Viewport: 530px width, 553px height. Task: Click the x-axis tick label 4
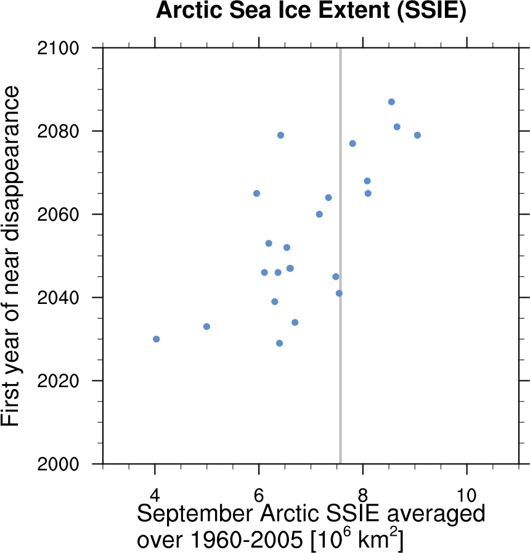point(155,494)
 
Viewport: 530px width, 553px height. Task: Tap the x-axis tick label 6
point(259,494)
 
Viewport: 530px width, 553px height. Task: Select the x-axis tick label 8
point(363,494)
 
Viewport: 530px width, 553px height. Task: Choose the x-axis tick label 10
point(467,494)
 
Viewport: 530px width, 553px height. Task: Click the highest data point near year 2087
point(391,102)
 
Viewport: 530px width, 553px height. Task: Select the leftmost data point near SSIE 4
point(157,339)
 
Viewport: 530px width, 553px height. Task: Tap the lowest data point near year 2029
point(279,343)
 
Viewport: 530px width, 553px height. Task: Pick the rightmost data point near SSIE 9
point(417,135)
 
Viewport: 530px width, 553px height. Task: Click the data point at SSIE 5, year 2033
point(206,326)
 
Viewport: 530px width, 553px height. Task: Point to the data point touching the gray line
point(339,293)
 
